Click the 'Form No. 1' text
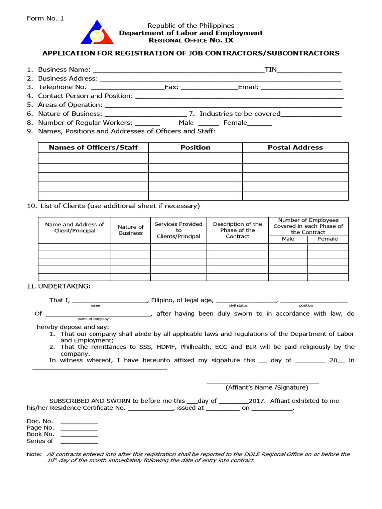(45, 18)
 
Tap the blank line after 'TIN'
(309, 70)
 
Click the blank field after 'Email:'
(301, 88)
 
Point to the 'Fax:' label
(172, 87)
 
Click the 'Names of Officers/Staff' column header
(93, 147)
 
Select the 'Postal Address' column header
(295, 147)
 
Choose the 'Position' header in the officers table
(195, 147)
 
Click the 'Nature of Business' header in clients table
(131, 230)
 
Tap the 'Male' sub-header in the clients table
(288, 239)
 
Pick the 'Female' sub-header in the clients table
(328, 239)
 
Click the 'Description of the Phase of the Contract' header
(237, 230)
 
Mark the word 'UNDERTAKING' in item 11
(64, 286)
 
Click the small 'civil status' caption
(238, 305)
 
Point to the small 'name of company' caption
(93, 319)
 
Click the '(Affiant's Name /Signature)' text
(267, 387)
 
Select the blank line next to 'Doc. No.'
(79, 422)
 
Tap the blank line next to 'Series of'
(79, 441)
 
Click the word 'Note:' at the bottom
(34, 454)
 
